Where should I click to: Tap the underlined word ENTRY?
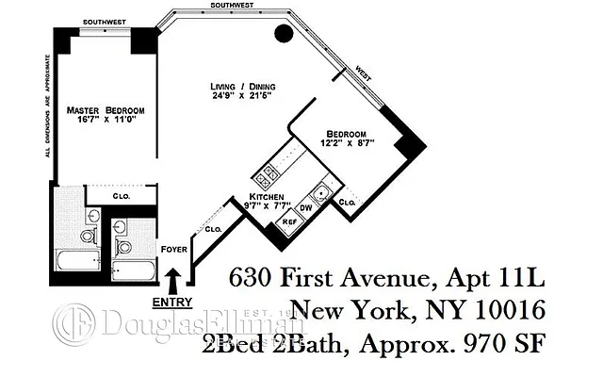tap(171, 303)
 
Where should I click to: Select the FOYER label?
tap(175, 250)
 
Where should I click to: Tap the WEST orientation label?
tap(363, 72)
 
